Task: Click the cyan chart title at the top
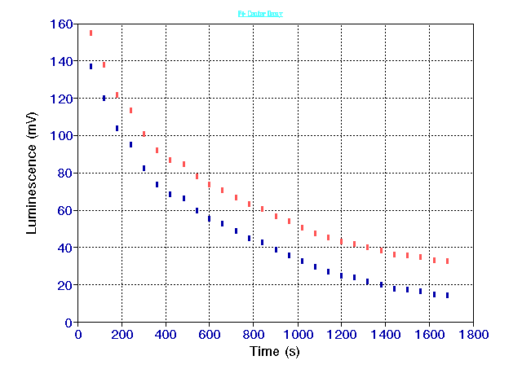pyautogui.click(x=260, y=14)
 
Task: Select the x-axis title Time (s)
pyautogui.click(x=276, y=351)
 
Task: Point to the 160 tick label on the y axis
pyautogui.click(x=60, y=24)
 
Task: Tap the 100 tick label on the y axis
pyautogui.click(x=60, y=135)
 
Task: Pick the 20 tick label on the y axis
pyautogui.click(x=64, y=285)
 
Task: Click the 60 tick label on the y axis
pyautogui.click(x=64, y=210)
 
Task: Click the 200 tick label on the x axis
pyautogui.click(x=122, y=334)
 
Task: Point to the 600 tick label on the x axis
pyautogui.click(x=210, y=334)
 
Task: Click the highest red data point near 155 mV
pyautogui.click(x=91, y=33)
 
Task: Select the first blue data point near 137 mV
pyautogui.click(x=91, y=66)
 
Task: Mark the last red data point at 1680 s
pyautogui.click(x=447, y=261)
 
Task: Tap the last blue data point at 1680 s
pyautogui.click(x=447, y=295)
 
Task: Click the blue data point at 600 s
pyautogui.click(x=210, y=218)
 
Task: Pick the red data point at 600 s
pyautogui.click(x=210, y=185)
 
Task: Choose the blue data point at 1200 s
pyautogui.click(x=341, y=275)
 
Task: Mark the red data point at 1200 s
pyautogui.click(x=341, y=241)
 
